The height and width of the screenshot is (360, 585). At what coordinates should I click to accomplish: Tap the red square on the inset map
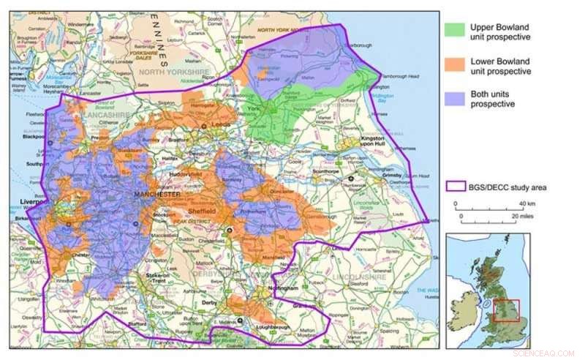(x=505, y=310)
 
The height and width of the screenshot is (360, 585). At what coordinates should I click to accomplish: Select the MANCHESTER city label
(x=158, y=195)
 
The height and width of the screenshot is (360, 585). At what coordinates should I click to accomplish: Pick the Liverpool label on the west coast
(x=26, y=201)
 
